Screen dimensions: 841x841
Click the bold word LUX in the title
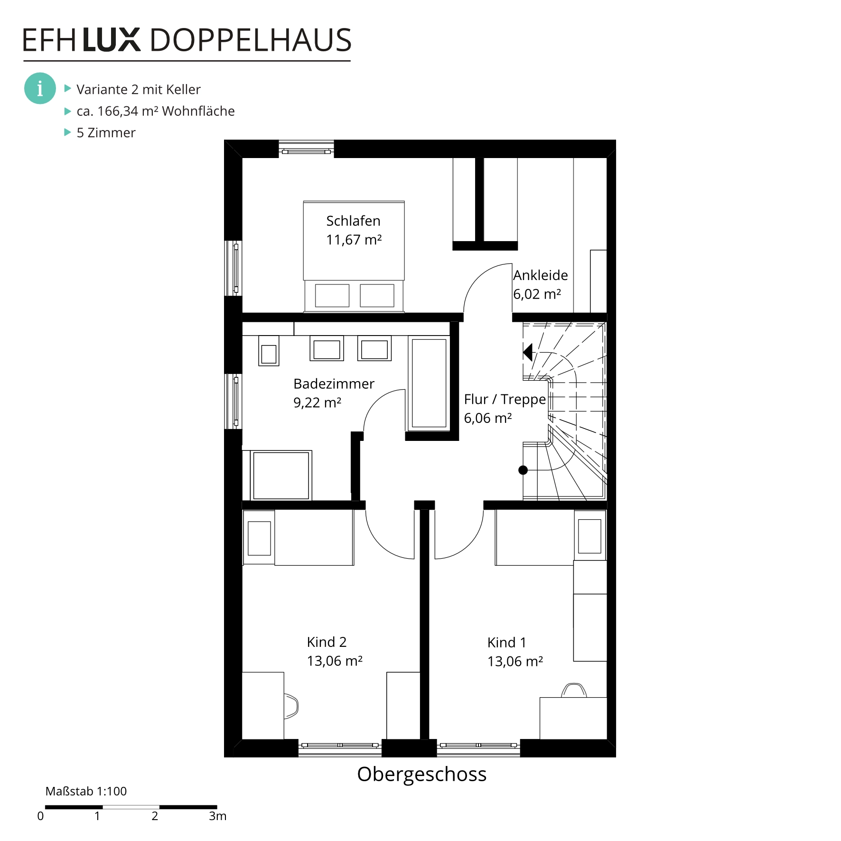[x=112, y=40]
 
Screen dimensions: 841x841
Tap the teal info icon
[x=40, y=88]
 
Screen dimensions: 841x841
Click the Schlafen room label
[x=353, y=221]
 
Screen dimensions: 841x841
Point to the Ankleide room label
[x=541, y=275]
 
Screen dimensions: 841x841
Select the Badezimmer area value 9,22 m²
[x=317, y=402]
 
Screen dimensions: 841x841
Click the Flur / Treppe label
[x=505, y=400]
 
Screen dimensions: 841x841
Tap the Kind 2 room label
[x=327, y=642]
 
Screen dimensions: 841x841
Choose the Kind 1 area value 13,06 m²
[x=515, y=661]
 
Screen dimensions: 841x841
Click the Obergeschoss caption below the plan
[x=421, y=774]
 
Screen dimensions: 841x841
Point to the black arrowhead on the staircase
[x=528, y=353]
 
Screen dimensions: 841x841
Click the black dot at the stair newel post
[x=523, y=470]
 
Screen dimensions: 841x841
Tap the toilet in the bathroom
[x=269, y=350]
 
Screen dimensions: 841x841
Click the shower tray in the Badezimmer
[x=281, y=475]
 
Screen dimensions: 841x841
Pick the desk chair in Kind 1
[x=574, y=690]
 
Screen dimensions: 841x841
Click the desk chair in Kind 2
[x=291, y=706]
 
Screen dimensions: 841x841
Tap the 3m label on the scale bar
[x=217, y=816]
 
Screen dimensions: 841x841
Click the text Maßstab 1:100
[x=86, y=791]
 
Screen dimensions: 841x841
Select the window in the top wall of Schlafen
[x=306, y=149]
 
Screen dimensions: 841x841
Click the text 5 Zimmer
[x=106, y=132]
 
